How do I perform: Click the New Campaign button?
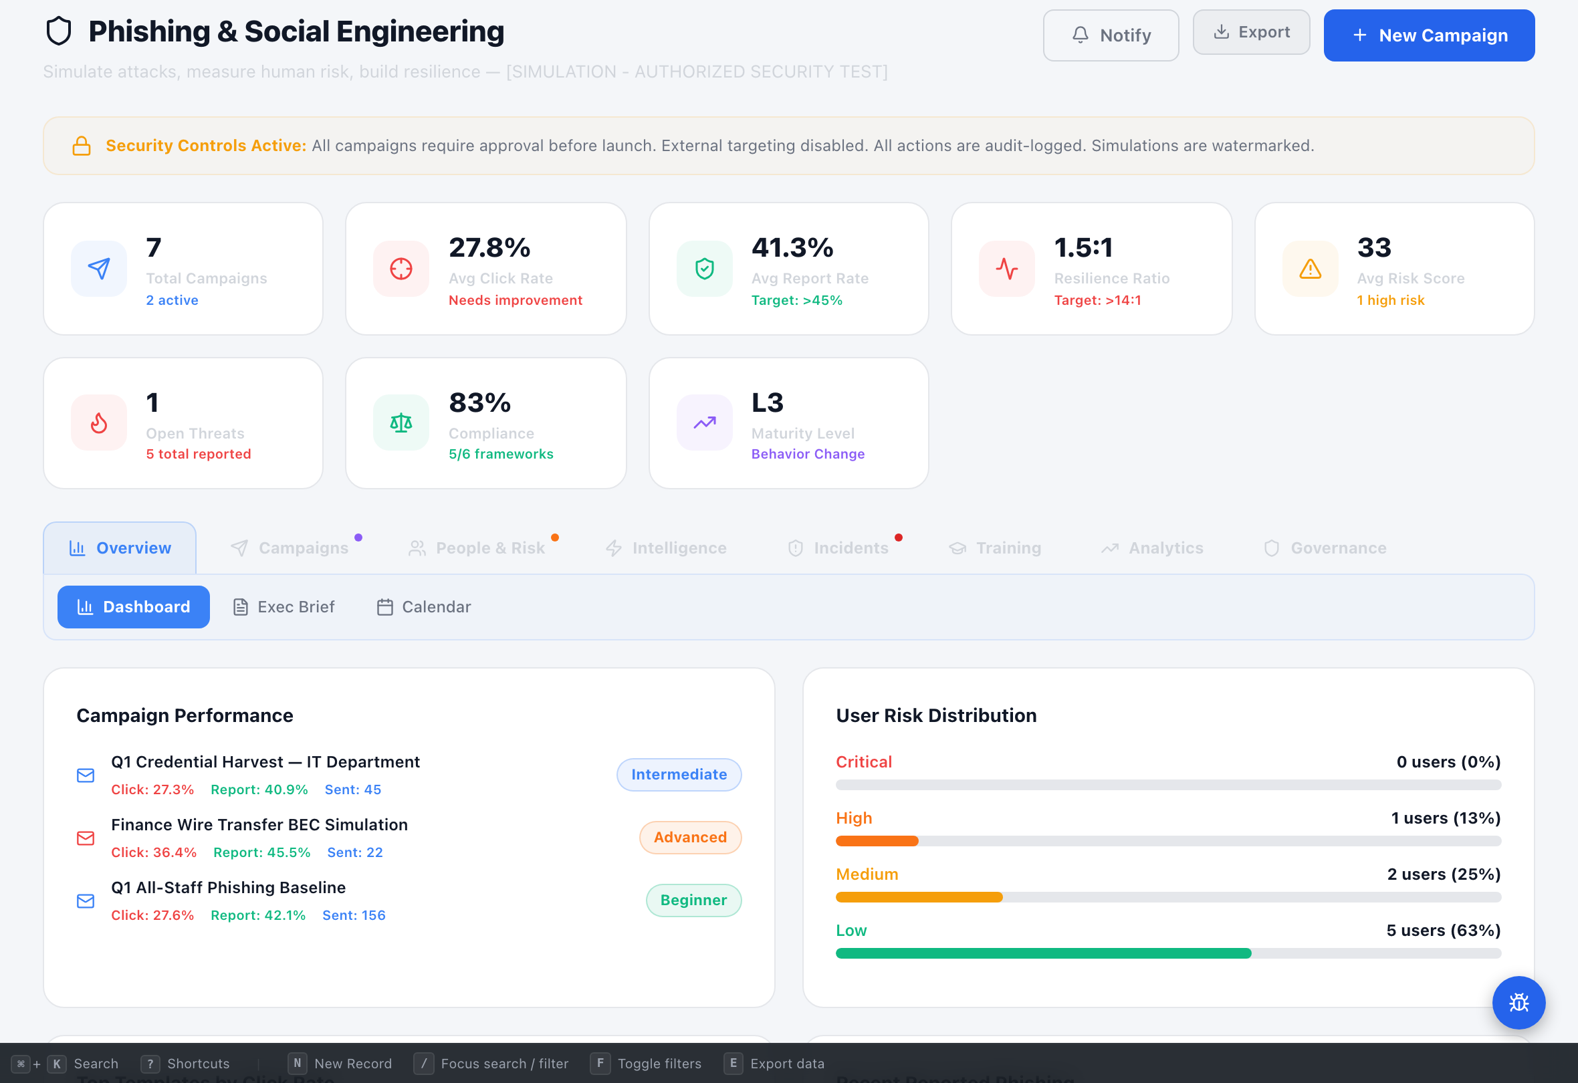[1429, 35]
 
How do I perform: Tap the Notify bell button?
[1110, 35]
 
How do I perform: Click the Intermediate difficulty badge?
[678, 774]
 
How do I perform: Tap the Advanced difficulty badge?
[690, 836]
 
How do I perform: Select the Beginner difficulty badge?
[693, 900]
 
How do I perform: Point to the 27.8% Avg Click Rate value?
[489, 248]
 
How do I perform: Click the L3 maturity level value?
[768, 402]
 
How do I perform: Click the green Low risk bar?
[1043, 953]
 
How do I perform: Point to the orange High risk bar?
[877, 840]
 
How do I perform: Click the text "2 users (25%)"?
[1443, 874]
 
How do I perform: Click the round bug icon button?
[1518, 1002]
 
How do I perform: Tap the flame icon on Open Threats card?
[99, 423]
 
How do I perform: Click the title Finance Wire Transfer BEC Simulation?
[259, 824]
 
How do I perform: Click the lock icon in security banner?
[82, 146]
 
